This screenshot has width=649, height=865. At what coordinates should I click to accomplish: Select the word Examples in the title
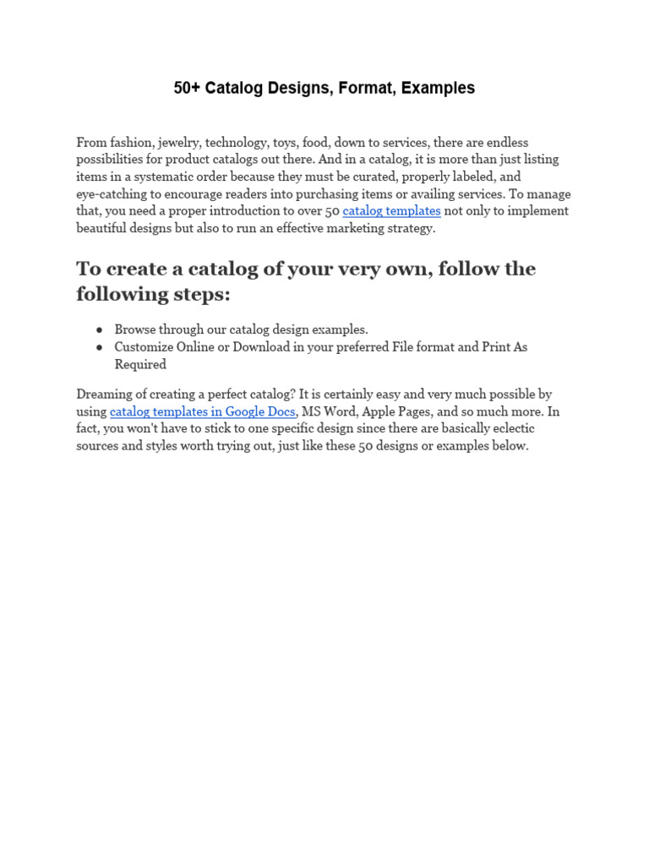tap(438, 88)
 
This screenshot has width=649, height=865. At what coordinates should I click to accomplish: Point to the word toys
tap(284, 142)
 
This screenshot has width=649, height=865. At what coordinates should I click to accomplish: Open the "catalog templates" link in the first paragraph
tap(391, 210)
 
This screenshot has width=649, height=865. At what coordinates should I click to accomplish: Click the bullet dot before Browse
tap(100, 329)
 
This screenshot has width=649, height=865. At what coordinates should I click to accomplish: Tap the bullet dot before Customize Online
tap(100, 347)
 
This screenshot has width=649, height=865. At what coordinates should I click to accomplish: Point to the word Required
tap(140, 364)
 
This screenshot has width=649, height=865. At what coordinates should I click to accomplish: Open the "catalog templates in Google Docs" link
tap(203, 411)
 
